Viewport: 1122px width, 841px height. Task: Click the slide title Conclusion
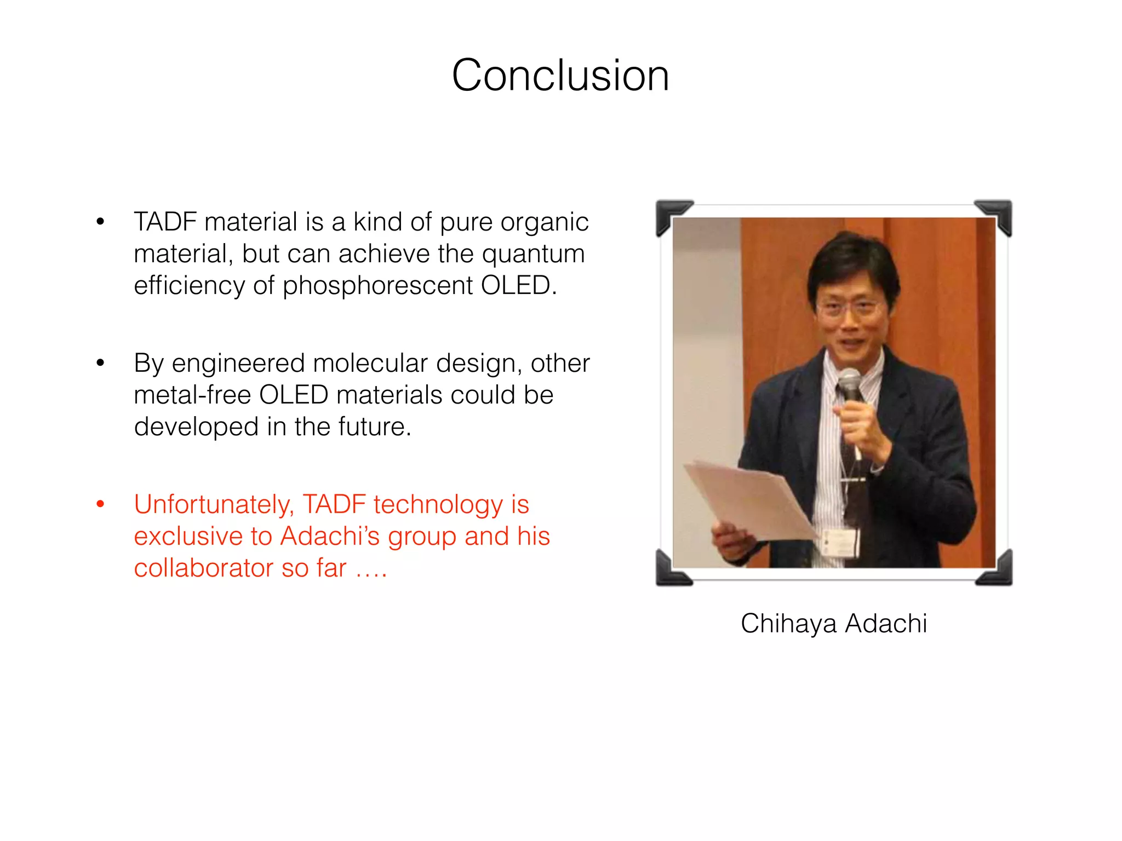point(560,75)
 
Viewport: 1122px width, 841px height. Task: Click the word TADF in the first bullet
point(165,222)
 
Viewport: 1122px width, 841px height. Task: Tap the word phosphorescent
point(377,286)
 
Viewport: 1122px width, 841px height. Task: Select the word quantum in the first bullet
point(533,254)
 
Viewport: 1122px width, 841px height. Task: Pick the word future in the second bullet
point(374,427)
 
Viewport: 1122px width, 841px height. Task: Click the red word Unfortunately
point(214,505)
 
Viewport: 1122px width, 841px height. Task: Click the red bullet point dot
point(100,504)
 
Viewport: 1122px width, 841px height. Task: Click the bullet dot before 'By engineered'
point(100,362)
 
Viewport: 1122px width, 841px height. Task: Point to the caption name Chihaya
point(788,624)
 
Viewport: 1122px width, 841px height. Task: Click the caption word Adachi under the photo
point(886,624)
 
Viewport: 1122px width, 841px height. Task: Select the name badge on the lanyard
point(841,542)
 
